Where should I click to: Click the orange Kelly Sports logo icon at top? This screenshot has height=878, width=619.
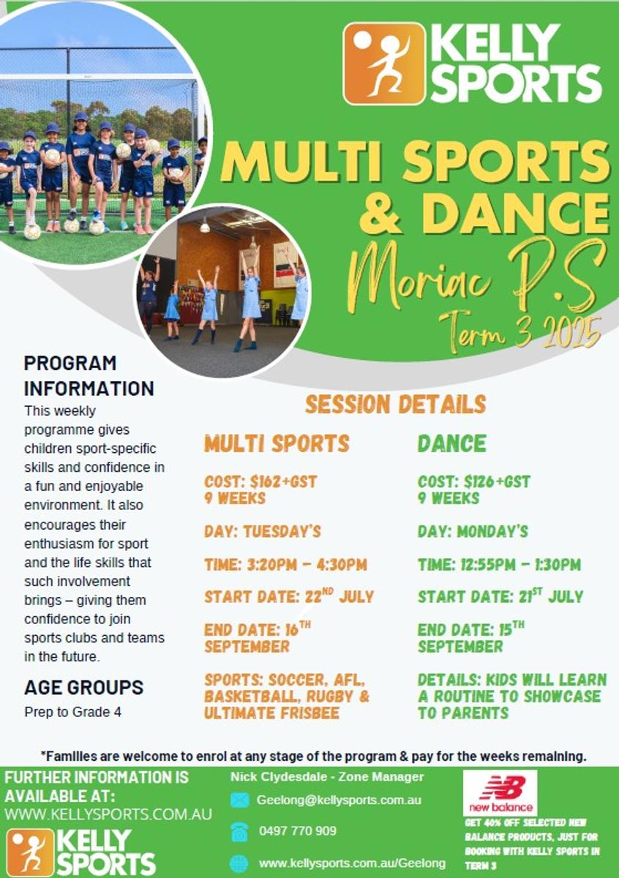(384, 64)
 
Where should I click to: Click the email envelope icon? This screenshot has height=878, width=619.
(239, 800)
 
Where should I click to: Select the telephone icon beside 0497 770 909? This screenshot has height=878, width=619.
(239, 832)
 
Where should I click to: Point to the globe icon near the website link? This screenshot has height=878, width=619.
(239, 863)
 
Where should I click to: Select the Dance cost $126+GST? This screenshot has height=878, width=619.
(474, 481)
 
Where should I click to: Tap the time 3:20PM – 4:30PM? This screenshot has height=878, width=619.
(286, 564)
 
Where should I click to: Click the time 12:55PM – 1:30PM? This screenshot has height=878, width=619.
(499, 564)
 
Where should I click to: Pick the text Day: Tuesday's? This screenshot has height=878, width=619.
(263, 531)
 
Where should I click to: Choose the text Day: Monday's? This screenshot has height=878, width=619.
(473, 531)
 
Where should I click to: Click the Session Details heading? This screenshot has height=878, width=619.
(395, 404)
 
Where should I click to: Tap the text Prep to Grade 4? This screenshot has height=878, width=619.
(73, 712)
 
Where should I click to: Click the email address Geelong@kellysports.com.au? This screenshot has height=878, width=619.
(339, 800)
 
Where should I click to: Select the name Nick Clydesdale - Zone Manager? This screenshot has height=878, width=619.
(327, 776)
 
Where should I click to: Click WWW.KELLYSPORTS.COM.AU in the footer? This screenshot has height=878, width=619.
(108, 814)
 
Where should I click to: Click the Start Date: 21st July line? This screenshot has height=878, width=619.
(500, 596)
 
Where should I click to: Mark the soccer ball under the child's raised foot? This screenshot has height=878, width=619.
(31, 232)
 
